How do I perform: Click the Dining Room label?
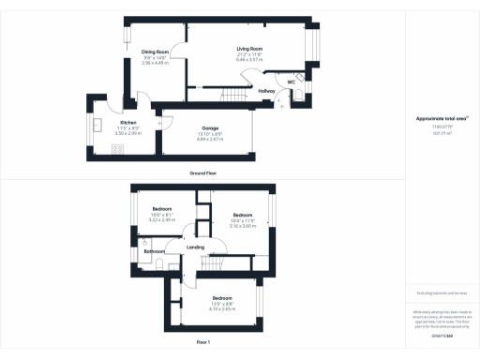pos(155,52)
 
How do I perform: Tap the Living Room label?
pos(248,47)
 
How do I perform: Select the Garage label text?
pos(210,127)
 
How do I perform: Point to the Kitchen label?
pos(127,124)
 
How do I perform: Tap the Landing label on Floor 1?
pos(196,247)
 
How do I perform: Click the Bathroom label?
pos(154,251)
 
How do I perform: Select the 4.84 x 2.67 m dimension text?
pos(210,138)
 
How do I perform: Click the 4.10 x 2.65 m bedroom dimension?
pos(221,308)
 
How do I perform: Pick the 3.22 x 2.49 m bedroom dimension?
pos(162,219)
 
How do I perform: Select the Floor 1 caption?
pos(202,344)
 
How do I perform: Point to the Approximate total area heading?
pos(441,118)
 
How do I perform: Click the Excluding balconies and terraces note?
pos(441,293)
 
